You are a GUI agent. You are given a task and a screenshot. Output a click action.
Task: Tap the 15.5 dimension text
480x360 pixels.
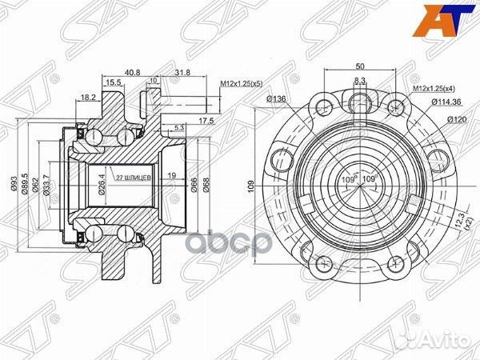click(x=112, y=82)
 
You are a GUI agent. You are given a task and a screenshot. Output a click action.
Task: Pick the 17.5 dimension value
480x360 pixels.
click(x=206, y=121)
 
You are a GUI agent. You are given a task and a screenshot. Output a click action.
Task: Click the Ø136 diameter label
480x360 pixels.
click(x=277, y=99)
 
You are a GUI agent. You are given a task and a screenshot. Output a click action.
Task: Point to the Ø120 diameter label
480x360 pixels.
click(x=456, y=120)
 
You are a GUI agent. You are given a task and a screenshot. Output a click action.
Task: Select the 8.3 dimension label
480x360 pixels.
click(x=361, y=82)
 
